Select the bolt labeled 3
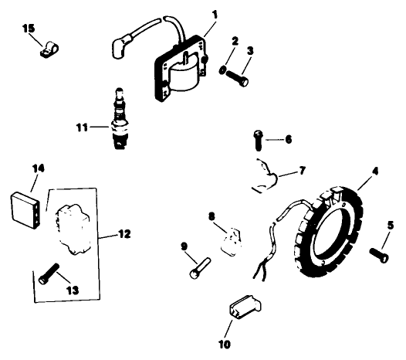click(239, 77)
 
